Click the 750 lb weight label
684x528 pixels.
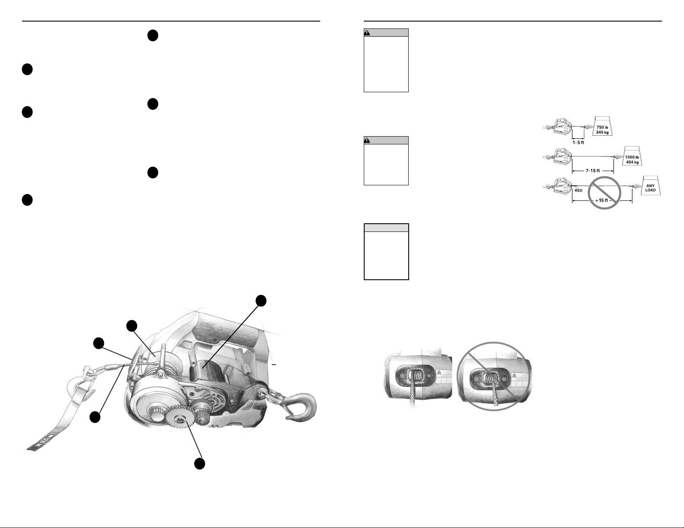tap(602, 127)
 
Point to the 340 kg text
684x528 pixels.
tap(602, 132)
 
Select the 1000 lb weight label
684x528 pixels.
tap(632, 157)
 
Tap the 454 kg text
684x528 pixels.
tap(632, 162)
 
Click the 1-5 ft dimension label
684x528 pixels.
tap(578, 142)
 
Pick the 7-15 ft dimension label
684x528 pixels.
tap(593, 171)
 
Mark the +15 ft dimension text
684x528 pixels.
tap(602, 200)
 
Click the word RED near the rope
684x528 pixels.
tap(579, 191)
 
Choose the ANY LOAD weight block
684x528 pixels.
tap(651, 186)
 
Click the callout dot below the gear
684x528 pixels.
tap(199, 464)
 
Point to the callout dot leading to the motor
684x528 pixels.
tap(261, 301)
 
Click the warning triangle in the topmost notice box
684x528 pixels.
tap(367, 33)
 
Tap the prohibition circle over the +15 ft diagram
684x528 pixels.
tap(604, 193)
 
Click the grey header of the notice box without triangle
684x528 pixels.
tap(386, 228)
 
